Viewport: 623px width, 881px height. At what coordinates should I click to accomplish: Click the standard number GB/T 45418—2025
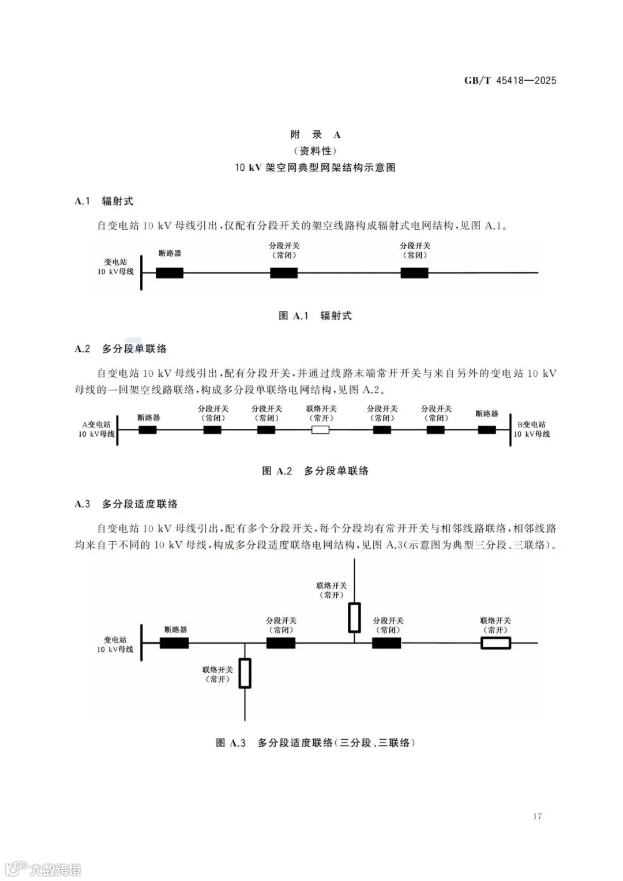pos(510,81)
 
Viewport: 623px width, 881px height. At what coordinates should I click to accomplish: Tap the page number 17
pos(537,816)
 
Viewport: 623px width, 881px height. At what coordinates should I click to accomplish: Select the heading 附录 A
pos(315,134)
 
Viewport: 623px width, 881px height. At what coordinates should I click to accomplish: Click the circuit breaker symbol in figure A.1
pos(170,273)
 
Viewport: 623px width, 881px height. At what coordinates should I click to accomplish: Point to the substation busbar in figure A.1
pos(141,272)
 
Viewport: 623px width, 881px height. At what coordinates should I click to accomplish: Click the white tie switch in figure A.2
pos(320,430)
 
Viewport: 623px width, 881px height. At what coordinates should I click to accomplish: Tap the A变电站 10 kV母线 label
pos(97,429)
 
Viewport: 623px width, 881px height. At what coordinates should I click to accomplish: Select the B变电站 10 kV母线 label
pos(532,429)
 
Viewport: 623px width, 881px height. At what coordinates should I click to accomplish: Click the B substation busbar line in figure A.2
pos(511,430)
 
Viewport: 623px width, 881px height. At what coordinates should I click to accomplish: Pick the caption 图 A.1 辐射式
pos(315,316)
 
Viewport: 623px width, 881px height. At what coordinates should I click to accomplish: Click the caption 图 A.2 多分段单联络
pos(315,471)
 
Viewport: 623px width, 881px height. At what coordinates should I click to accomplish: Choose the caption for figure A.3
pos(315,743)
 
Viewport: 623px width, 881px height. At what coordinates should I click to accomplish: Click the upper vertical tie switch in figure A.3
pos(354,617)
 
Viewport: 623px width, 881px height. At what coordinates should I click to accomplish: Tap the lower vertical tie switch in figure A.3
pos(245,673)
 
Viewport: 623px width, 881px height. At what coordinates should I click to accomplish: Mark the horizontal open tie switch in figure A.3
pos(496,643)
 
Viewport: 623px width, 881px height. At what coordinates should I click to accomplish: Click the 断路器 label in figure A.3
pos(175,629)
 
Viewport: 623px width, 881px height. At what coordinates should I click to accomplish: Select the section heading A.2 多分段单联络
pos(121,349)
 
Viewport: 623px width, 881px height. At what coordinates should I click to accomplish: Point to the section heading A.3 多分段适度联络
pos(126,504)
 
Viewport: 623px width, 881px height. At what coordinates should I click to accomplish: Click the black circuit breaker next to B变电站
pos(487,430)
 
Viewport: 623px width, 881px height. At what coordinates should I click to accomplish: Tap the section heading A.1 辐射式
pos(104,201)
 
